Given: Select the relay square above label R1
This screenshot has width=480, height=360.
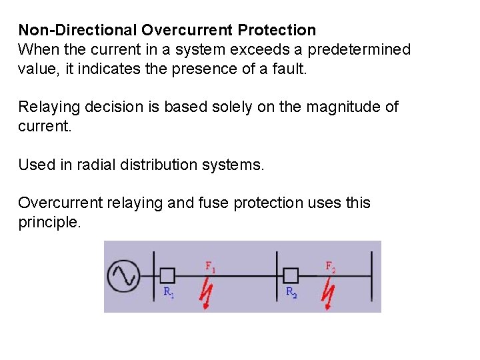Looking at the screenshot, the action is click(x=167, y=275).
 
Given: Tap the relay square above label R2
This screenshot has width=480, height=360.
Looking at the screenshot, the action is click(x=290, y=275).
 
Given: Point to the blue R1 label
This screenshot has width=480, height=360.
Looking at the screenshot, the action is click(x=169, y=291).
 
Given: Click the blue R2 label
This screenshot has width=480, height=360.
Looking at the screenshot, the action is click(x=291, y=292).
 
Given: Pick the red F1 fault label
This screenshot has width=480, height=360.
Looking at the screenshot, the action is click(x=210, y=267).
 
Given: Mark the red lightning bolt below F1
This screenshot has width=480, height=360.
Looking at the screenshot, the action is click(x=208, y=293).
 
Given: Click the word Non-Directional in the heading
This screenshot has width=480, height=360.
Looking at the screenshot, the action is click(x=72, y=30).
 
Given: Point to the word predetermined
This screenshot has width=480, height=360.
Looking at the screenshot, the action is click(x=359, y=49).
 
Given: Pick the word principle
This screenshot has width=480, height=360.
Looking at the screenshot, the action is click(x=49, y=222).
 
